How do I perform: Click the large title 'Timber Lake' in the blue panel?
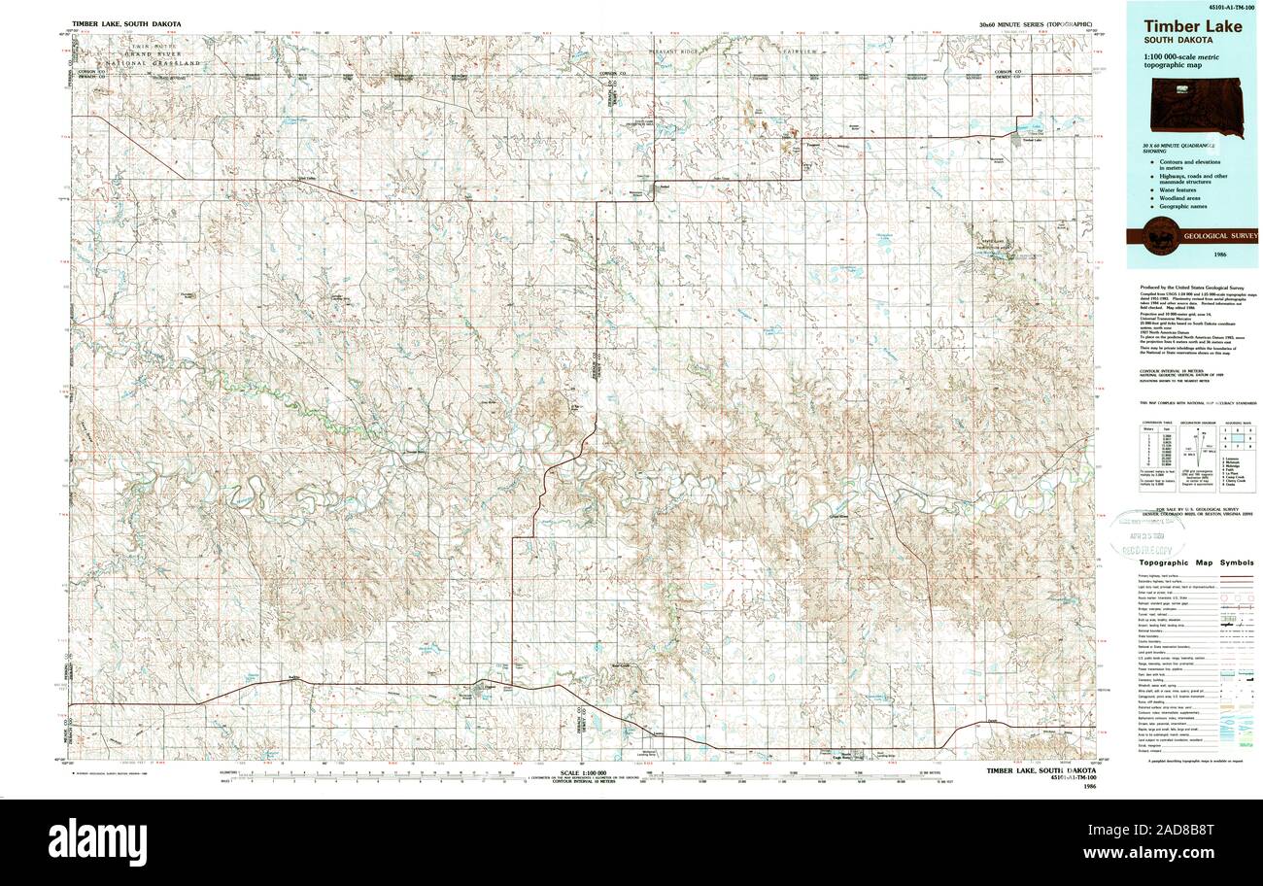[x=1191, y=26]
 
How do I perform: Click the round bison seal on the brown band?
[x=1158, y=236]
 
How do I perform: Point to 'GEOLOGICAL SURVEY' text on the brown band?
[x=1219, y=236]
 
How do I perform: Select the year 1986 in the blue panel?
[x=1219, y=254]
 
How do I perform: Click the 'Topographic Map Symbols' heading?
[x=1196, y=562]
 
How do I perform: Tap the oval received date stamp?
[x=1147, y=533]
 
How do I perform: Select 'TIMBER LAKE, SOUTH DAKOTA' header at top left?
[x=125, y=22]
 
